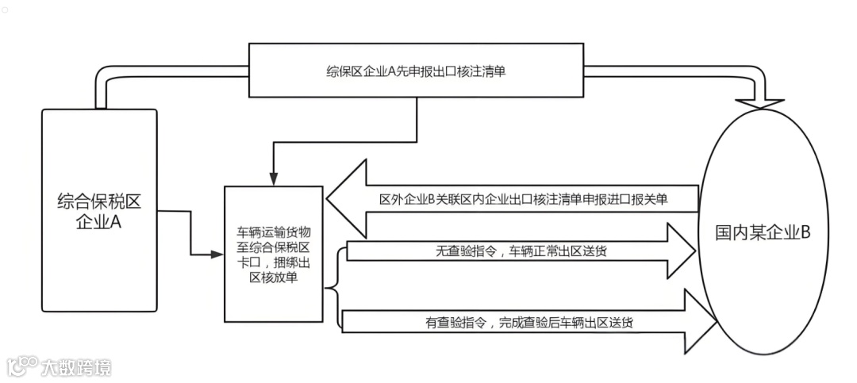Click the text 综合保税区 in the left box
click(99, 201)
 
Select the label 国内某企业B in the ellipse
click(763, 233)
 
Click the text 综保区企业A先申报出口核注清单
click(417, 71)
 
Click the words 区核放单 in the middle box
click(273, 277)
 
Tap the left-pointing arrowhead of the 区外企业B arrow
click(346, 199)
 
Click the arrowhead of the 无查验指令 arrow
click(682, 251)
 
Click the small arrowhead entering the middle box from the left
click(219, 255)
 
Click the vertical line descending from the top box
click(417, 119)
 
